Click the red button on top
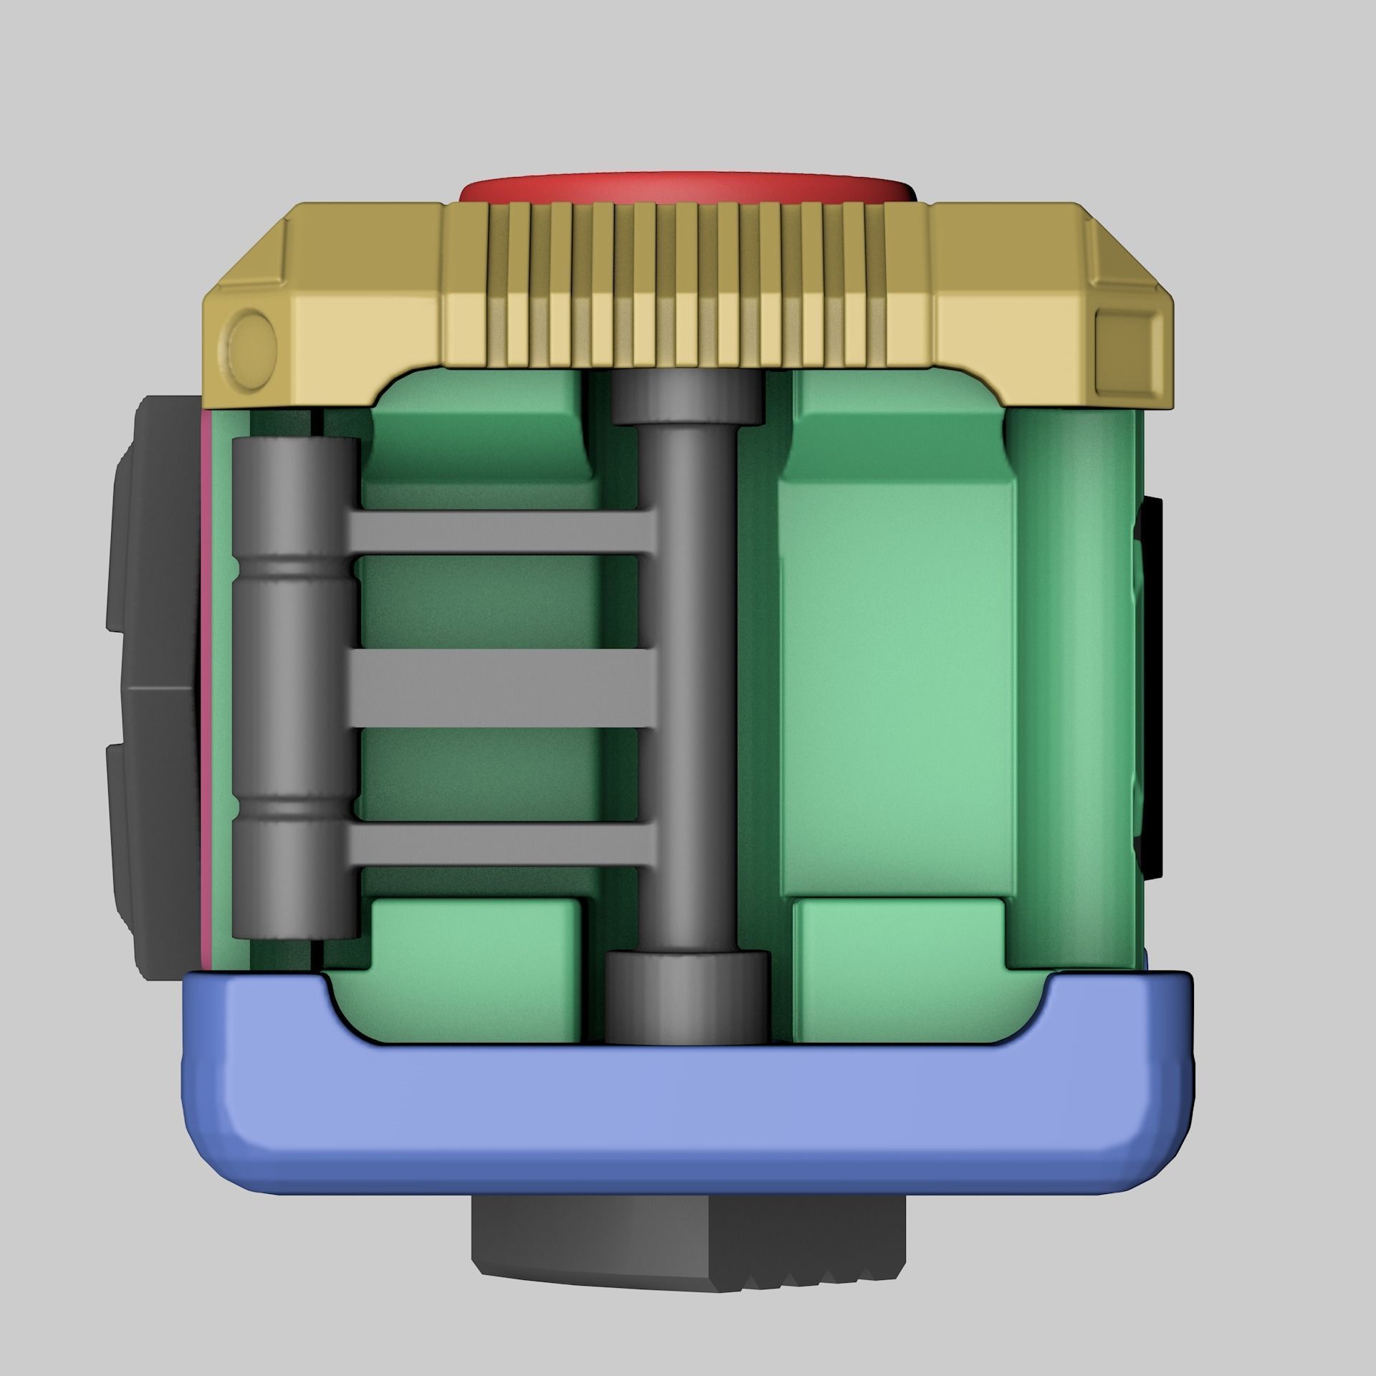687,187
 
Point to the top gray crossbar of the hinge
502,532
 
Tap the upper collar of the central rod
687,401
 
